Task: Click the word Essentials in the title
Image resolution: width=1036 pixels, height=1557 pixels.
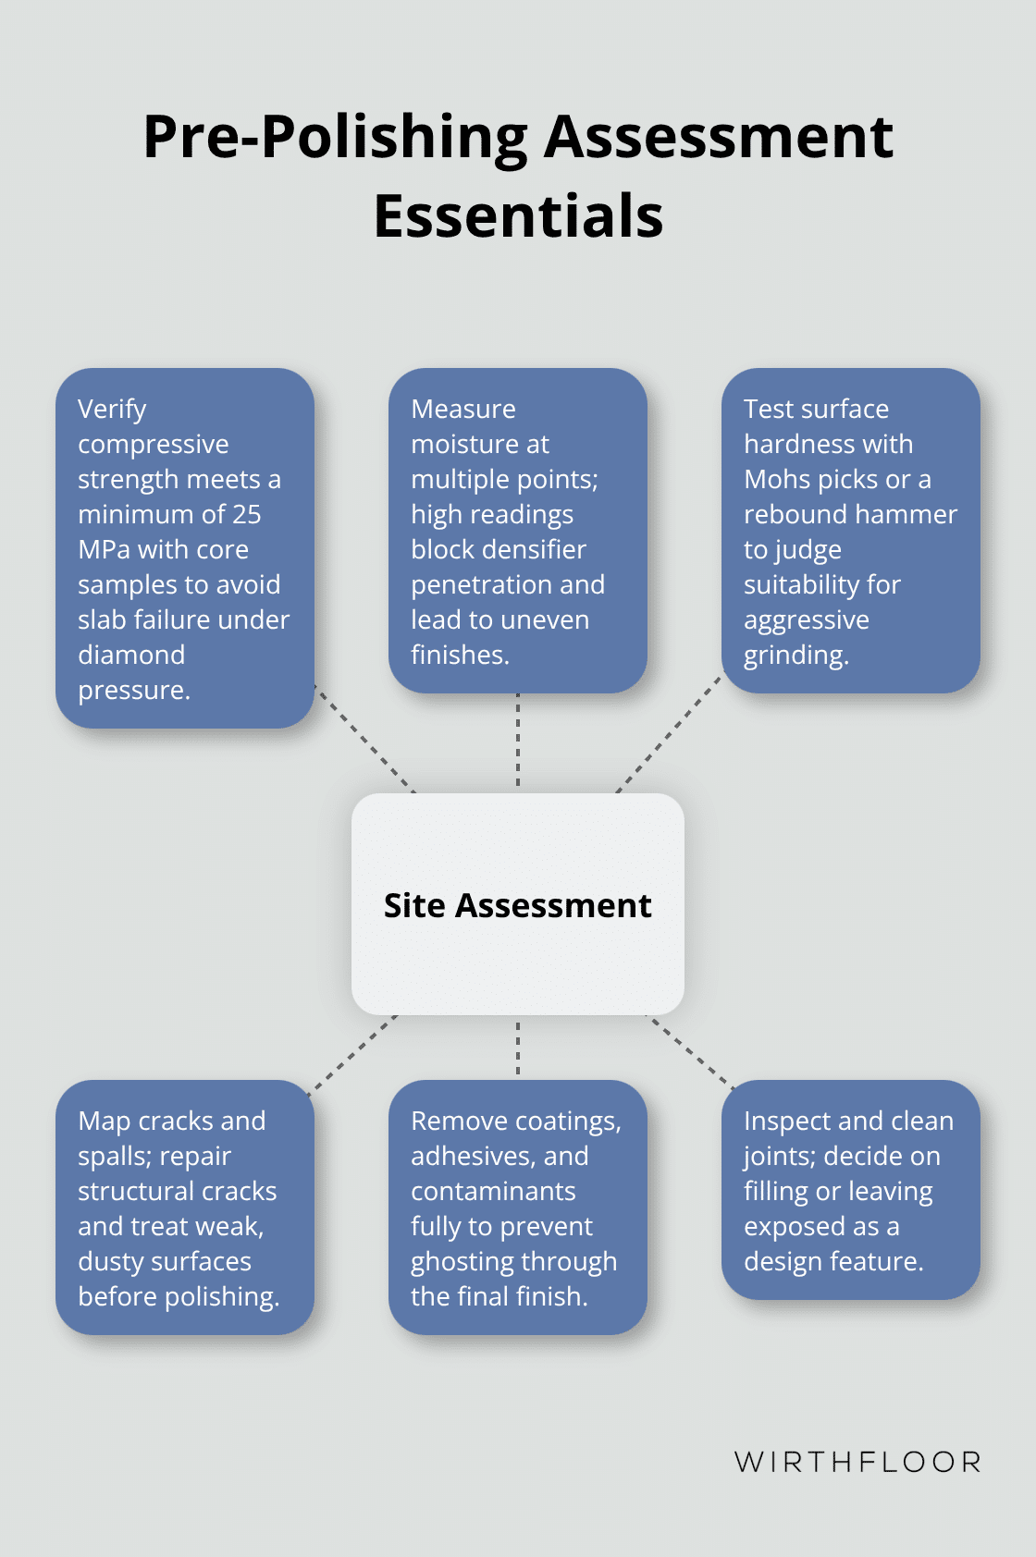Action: pos(518,216)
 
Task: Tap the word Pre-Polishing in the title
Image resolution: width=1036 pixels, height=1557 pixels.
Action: pos(335,137)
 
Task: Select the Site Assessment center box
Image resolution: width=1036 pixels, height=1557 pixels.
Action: pos(518,904)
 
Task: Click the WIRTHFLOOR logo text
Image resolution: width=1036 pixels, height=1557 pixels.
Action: pos(857,1462)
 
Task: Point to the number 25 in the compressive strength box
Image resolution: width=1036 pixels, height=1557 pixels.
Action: pos(246,514)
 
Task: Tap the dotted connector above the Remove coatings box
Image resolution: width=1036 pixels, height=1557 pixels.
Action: pos(518,1048)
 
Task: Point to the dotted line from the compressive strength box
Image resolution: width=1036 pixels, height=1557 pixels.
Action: pos(364,739)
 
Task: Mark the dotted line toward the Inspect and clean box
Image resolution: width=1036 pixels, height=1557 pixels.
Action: pos(689,1050)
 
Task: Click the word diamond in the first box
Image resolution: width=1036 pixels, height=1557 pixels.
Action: pos(131,655)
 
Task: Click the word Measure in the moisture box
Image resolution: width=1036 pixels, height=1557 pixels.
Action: pos(463,409)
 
